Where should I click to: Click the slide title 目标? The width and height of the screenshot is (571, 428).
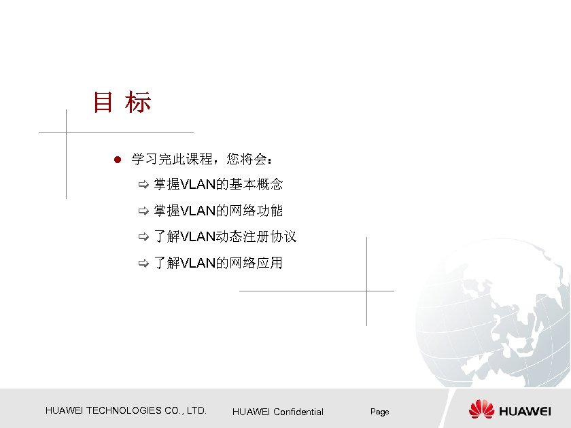click(x=122, y=103)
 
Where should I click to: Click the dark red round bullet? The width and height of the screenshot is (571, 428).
click(x=117, y=160)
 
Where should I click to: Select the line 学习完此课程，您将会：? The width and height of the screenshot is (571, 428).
click(x=202, y=160)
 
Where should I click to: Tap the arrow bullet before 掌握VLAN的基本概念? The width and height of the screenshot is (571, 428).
click(x=143, y=185)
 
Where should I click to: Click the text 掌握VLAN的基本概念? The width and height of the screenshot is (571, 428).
click(x=218, y=184)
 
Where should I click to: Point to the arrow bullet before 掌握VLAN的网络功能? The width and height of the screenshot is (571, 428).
click(x=143, y=211)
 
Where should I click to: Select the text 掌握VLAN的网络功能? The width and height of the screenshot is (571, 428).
click(x=218, y=211)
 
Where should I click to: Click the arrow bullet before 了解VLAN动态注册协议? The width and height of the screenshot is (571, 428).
click(x=143, y=237)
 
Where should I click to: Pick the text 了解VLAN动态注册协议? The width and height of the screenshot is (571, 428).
click(x=224, y=236)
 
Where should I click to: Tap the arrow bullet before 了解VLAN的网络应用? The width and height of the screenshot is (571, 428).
click(x=143, y=263)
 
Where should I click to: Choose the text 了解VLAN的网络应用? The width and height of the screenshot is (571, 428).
click(x=218, y=262)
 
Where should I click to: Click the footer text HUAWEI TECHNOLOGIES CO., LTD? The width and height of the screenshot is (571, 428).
click(x=126, y=410)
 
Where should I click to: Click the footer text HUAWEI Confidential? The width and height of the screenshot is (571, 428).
click(x=278, y=412)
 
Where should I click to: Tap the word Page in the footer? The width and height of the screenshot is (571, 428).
click(x=379, y=412)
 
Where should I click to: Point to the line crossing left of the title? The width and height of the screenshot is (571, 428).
click(x=66, y=132)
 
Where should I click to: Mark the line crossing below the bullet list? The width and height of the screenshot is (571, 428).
click(x=366, y=291)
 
